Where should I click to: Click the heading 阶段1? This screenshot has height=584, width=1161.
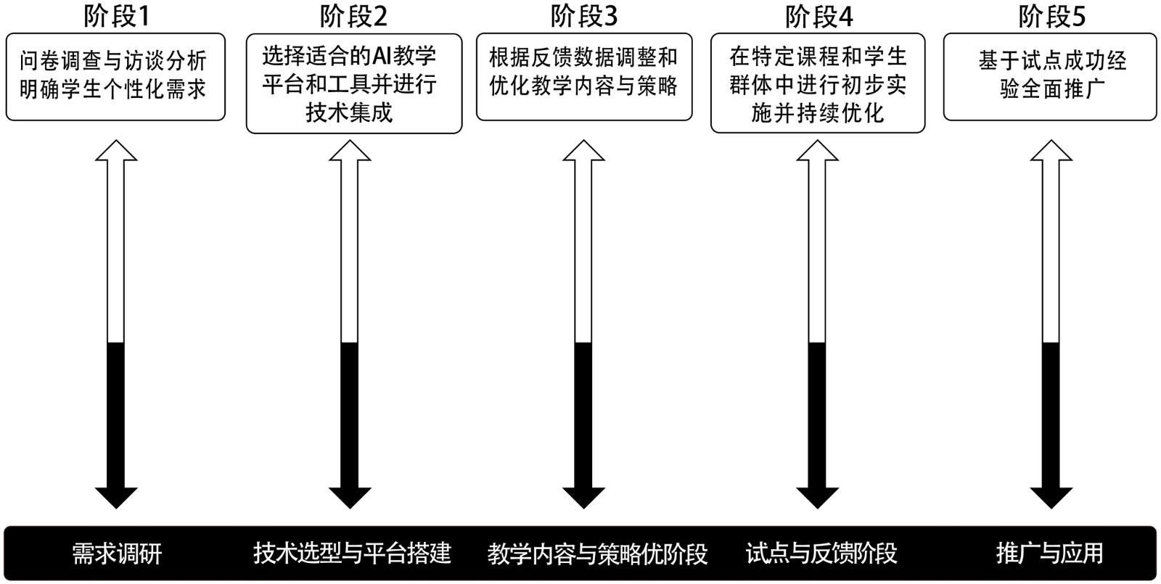(x=116, y=16)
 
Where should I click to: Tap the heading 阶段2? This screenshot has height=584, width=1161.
(x=354, y=16)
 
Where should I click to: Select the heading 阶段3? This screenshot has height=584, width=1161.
(x=584, y=16)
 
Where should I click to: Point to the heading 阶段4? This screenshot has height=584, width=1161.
(x=819, y=16)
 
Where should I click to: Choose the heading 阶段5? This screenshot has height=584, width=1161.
(x=1052, y=16)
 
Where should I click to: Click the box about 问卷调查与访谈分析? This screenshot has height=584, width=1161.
(x=115, y=76)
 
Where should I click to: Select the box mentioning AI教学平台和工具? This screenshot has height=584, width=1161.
(x=354, y=83)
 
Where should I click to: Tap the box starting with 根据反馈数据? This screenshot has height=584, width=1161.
(x=584, y=76)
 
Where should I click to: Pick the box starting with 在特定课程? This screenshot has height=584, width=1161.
(x=818, y=83)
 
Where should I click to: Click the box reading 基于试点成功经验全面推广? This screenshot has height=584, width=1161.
(x=1050, y=76)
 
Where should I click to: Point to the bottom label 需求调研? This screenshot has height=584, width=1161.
(x=117, y=554)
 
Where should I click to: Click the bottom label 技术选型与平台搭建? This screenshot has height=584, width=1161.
(x=353, y=554)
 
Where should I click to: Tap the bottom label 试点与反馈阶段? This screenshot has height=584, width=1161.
(x=821, y=554)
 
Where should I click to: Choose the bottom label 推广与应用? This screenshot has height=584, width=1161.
(x=1050, y=554)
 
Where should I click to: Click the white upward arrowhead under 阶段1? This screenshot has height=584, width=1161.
(x=116, y=151)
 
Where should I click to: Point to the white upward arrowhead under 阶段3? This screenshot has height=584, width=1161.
(x=584, y=151)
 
